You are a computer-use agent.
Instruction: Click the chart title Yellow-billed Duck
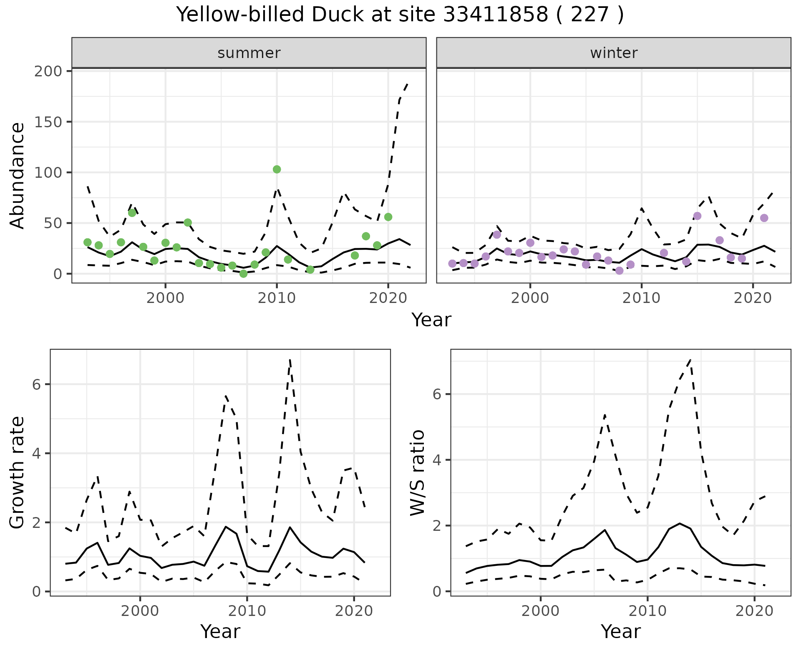(400, 15)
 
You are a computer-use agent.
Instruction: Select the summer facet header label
(249, 53)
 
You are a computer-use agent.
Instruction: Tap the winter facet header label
(614, 53)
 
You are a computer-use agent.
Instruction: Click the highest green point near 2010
(277, 169)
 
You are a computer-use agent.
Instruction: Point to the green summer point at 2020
(388, 217)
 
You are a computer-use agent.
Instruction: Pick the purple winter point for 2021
(764, 218)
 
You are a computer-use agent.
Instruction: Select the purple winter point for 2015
(697, 216)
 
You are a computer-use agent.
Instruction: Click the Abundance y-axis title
(18, 175)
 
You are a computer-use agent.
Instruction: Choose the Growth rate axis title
(18, 472)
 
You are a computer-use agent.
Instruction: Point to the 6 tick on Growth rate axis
(36, 384)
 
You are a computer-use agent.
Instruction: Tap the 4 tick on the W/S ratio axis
(437, 460)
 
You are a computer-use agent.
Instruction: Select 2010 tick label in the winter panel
(641, 298)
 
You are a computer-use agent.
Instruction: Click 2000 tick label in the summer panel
(165, 298)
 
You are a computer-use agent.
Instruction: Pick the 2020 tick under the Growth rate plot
(354, 611)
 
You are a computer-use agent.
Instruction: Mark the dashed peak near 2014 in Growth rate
(290, 360)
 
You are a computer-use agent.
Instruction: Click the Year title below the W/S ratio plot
(620, 631)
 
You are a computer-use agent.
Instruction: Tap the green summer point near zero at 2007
(243, 274)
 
